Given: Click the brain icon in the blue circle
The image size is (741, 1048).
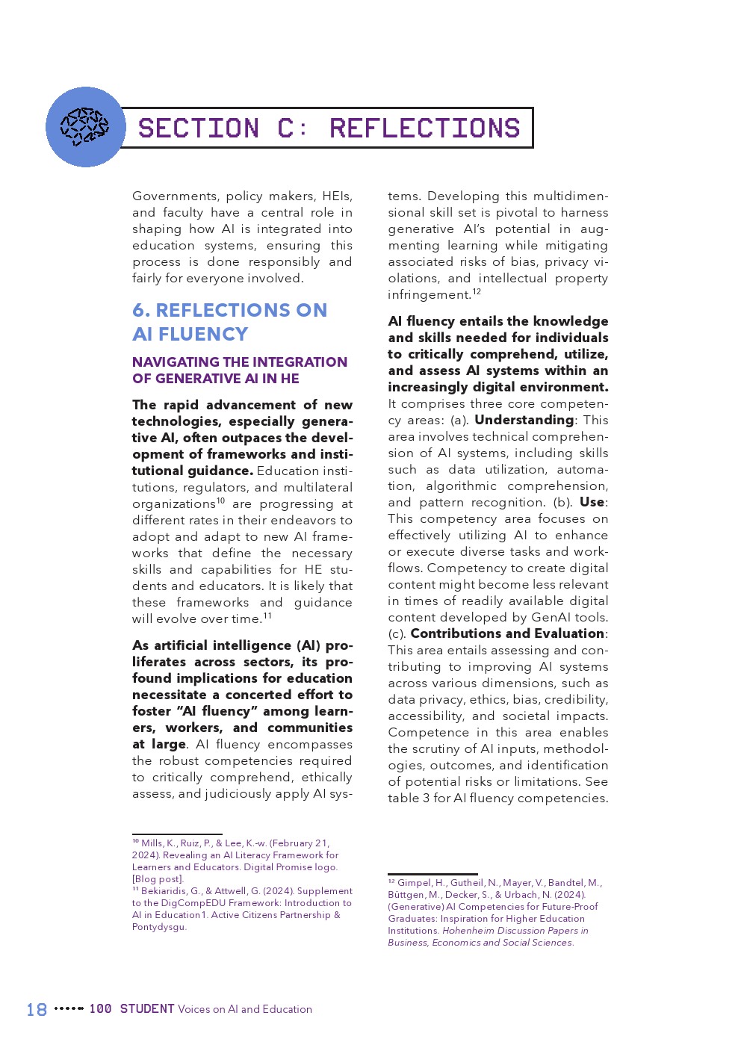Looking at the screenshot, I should click(x=84, y=126).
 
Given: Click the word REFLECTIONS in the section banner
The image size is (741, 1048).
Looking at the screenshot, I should click(x=424, y=128).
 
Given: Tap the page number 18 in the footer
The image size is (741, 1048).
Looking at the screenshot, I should click(x=37, y=1010).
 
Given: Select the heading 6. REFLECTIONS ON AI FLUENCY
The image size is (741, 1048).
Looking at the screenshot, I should click(x=229, y=322).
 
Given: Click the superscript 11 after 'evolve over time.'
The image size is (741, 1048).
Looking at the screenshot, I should click(x=267, y=616).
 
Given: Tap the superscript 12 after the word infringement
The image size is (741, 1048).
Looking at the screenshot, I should click(x=477, y=292).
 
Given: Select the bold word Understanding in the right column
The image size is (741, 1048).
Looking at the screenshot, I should click(x=524, y=420).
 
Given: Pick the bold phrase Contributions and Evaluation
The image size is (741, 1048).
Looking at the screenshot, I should click(x=507, y=633).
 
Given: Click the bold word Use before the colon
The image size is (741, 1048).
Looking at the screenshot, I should click(x=592, y=502).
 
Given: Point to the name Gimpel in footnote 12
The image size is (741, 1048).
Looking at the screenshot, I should click(x=414, y=883).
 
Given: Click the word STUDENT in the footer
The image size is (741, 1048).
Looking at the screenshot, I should click(x=147, y=1009).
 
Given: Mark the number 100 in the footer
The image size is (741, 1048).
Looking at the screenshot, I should click(x=100, y=1009).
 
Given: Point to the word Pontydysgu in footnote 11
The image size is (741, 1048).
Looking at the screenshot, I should click(x=158, y=927).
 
